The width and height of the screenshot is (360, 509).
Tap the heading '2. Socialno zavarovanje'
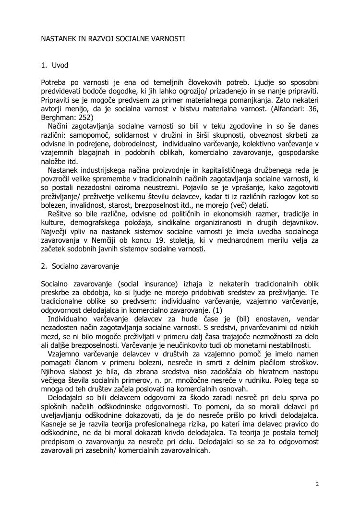click(80, 265)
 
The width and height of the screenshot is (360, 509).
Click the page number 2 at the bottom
click(317, 483)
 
